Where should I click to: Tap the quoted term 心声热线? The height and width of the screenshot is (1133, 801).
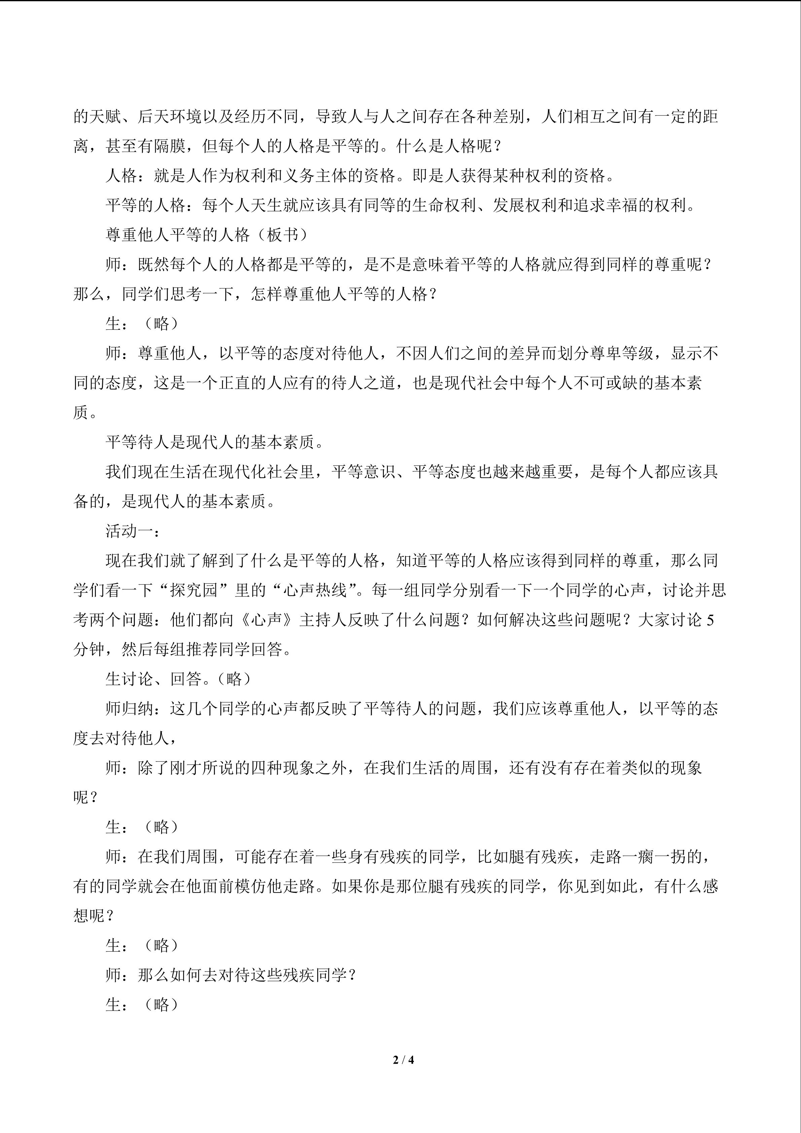tap(316, 591)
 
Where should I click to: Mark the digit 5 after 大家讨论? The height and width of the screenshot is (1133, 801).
tap(710, 620)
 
